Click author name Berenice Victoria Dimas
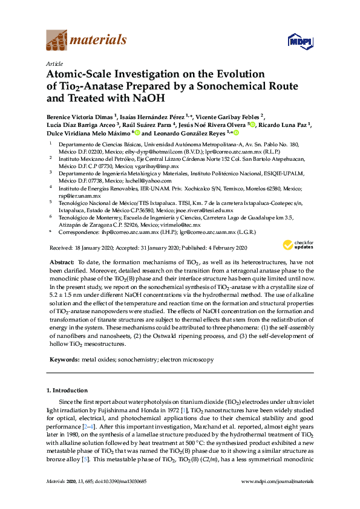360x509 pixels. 79,117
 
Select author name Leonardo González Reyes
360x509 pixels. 188,132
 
